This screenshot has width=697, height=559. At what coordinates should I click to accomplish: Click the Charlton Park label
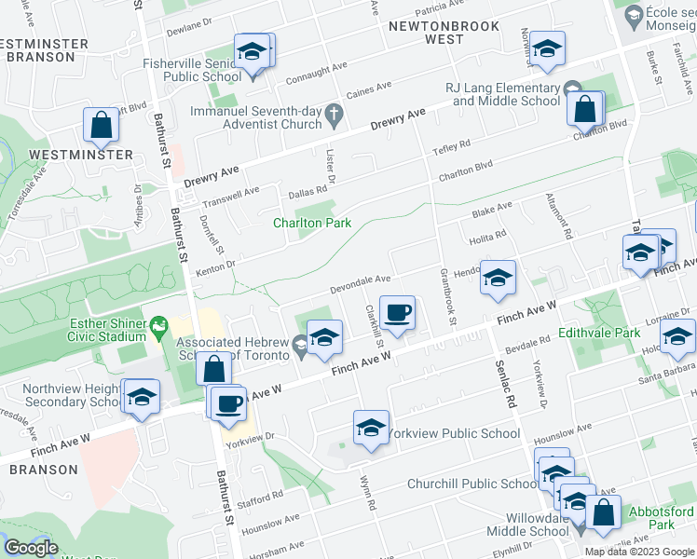coord(310,223)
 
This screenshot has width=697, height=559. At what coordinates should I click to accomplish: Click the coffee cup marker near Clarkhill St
coord(398,313)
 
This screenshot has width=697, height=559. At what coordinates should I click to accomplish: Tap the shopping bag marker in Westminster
coord(101,126)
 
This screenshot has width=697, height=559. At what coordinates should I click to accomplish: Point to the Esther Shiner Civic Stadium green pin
coord(159,325)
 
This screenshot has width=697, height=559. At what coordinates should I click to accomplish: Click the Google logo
coord(31,548)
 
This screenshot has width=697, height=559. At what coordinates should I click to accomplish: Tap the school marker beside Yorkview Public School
coord(371,429)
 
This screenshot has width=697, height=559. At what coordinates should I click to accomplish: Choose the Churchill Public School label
coord(471,484)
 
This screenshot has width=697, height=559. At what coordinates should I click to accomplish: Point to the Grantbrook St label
coord(444,297)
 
